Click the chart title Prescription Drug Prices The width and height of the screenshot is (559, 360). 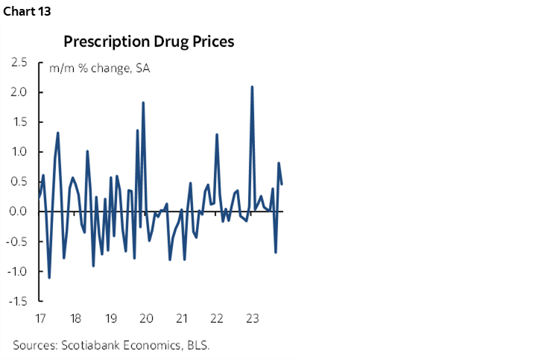pyautogui.click(x=148, y=42)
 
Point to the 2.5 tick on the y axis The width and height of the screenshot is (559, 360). pyautogui.click(x=20, y=63)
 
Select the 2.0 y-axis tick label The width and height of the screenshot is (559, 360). pyautogui.click(x=20, y=92)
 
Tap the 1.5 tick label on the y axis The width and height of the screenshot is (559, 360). pyautogui.click(x=20, y=122)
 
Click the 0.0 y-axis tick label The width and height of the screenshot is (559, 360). pyautogui.click(x=20, y=212)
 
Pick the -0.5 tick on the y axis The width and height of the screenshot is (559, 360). pyautogui.click(x=18, y=241)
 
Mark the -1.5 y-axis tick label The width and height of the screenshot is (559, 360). pyautogui.click(x=18, y=301)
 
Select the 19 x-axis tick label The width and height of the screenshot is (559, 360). pyautogui.click(x=110, y=319)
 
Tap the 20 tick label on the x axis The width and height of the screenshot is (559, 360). pyautogui.click(x=146, y=319)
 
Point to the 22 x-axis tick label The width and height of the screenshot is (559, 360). pyautogui.click(x=217, y=319)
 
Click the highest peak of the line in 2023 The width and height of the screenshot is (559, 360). pyautogui.click(x=252, y=87)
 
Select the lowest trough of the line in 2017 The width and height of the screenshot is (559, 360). pyautogui.click(x=49, y=277)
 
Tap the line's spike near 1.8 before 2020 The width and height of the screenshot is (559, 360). pyautogui.click(x=143, y=103)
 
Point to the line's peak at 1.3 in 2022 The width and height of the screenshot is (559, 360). pyautogui.click(x=216, y=135)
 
